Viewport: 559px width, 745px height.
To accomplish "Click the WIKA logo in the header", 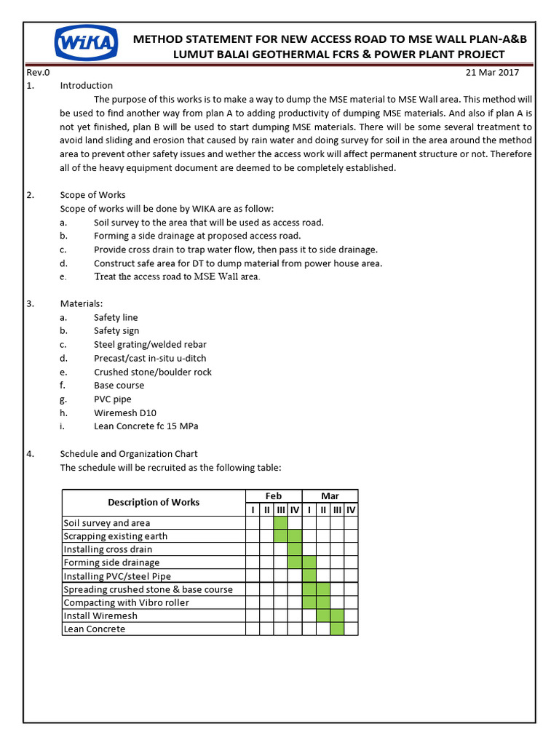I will pyautogui.click(x=85, y=45).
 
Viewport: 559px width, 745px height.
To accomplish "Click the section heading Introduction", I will pyautogui.click(x=86, y=86).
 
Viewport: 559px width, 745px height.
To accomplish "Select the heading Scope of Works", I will pyautogui.click(x=92, y=195).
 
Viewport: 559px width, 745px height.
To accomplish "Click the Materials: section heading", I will pyautogui.click(x=81, y=303).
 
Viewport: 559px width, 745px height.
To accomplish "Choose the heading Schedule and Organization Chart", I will pyautogui.click(x=128, y=454).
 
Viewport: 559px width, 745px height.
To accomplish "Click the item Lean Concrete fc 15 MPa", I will pyautogui.click(x=146, y=426).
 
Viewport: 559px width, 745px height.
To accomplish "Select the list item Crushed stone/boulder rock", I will pyautogui.click(x=153, y=372).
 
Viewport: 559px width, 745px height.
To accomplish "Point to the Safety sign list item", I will pyautogui.click(x=116, y=331).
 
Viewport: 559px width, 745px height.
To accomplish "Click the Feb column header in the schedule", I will pyautogui.click(x=273, y=495).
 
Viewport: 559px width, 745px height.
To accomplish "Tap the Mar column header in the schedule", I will pyautogui.click(x=330, y=495).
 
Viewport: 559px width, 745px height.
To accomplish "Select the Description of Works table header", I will pyautogui.click(x=154, y=502).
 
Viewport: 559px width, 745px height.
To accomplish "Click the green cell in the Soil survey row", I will pyautogui.click(x=280, y=522).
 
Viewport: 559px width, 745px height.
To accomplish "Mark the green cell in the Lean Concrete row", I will pyautogui.click(x=337, y=629).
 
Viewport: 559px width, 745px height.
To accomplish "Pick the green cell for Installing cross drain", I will pyautogui.click(x=295, y=549).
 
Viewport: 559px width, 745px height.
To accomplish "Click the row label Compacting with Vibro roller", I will pyautogui.click(x=126, y=602).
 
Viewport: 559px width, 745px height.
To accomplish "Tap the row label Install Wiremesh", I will pyautogui.click(x=100, y=616).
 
